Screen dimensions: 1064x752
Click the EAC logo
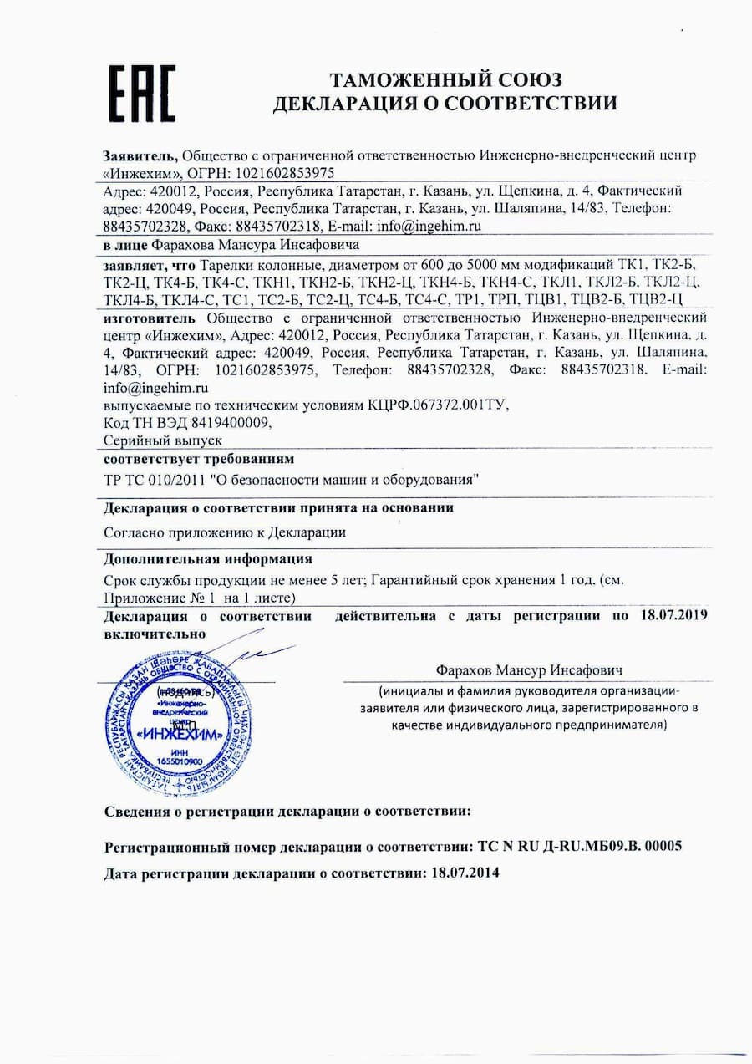pos(143,92)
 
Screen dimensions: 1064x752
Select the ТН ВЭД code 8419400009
pos(229,423)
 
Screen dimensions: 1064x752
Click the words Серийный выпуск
pos(162,440)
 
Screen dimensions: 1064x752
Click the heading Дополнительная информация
pos(208,558)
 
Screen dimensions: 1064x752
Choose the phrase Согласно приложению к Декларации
pos(224,532)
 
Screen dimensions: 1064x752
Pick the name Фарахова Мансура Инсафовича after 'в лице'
pos(256,245)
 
